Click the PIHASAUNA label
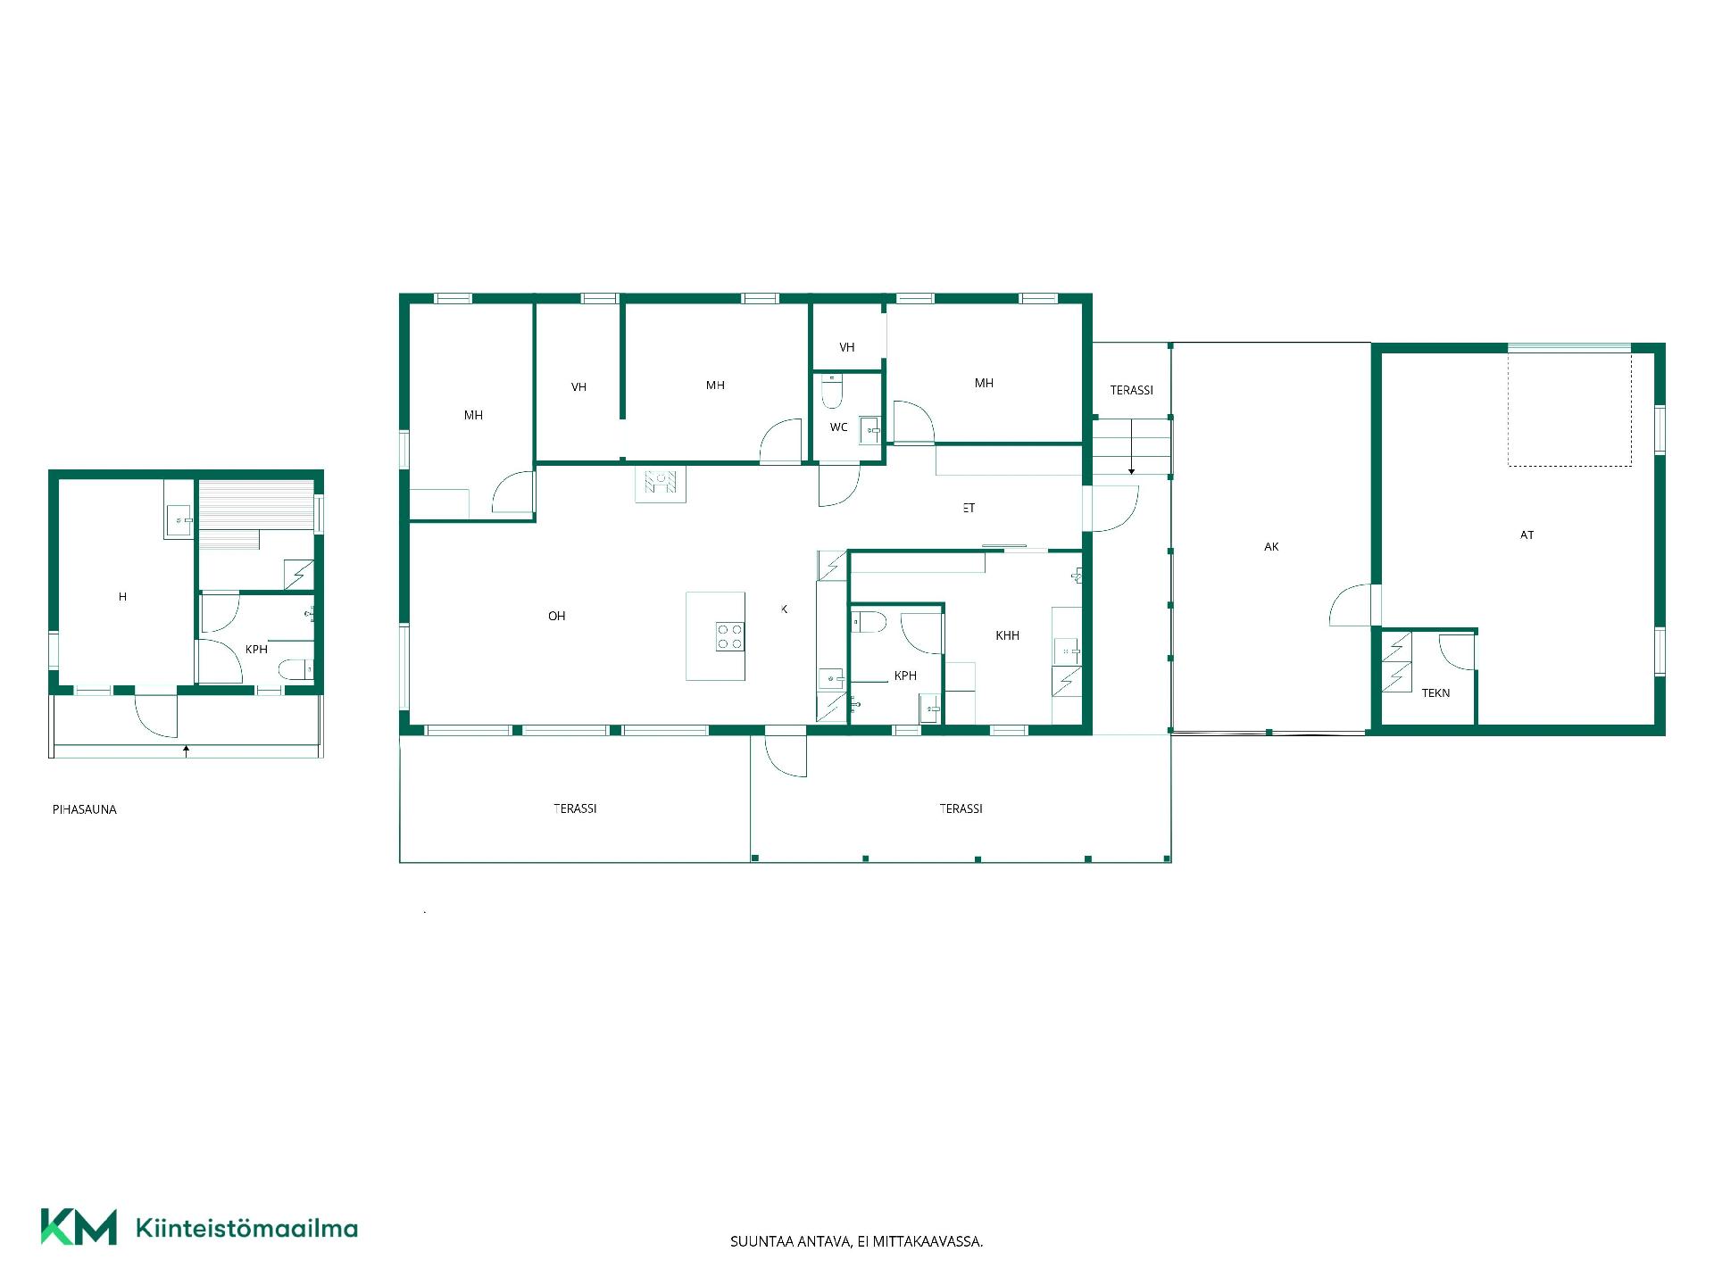[x=85, y=809]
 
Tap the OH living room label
[x=557, y=616]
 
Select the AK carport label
[x=1271, y=547]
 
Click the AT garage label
[x=1527, y=535]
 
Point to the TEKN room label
[x=1435, y=693]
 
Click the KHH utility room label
[x=1007, y=636]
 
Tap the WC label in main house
[x=839, y=427]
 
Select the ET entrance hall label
[x=969, y=508]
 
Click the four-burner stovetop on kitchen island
[x=729, y=636]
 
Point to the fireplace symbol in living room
[x=661, y=485]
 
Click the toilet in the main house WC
[x=832, y=392]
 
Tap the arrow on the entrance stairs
[x=1132, y=446]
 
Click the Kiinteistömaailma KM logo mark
[x=79, y=1226]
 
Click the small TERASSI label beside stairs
[x=1132, y=390]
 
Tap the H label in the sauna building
[x=122, y=597]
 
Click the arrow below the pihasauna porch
[x=186, y=750]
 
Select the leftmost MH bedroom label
[x=473, y=415]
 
